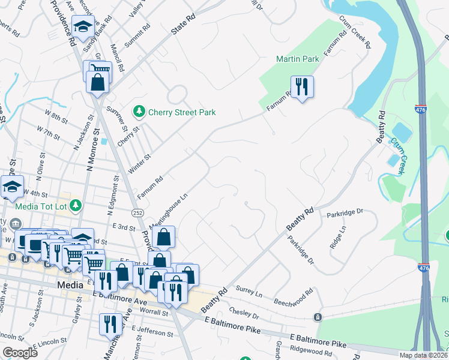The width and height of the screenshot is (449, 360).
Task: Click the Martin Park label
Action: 297,59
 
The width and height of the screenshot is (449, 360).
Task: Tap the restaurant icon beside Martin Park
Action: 302,86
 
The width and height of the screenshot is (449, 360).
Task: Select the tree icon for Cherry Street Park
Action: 139,112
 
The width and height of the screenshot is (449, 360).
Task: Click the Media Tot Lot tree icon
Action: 75,206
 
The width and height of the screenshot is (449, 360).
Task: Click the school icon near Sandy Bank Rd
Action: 83,26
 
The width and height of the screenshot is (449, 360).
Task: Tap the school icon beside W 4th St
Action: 12,187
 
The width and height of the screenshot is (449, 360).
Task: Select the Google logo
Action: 20,352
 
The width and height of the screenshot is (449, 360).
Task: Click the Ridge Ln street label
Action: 338,238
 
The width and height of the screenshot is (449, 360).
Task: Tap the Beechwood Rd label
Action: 294,295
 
